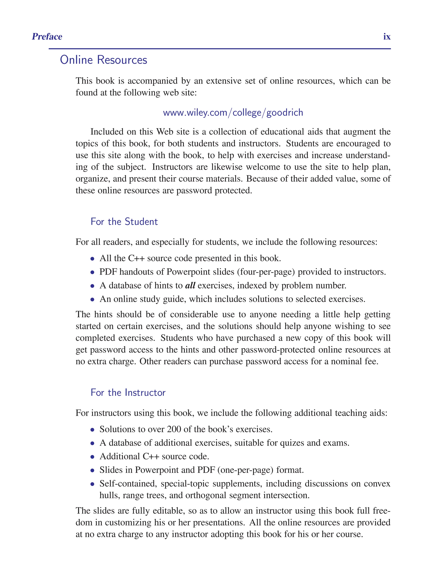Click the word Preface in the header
click(47, 37)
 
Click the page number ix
click(387, 37)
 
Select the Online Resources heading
click(103, 60)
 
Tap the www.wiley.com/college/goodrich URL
click(233, 112)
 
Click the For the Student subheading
click(124, 222)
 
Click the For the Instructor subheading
click(128, 392)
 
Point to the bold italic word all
click(190, 285)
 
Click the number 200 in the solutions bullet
click(174, 429)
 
